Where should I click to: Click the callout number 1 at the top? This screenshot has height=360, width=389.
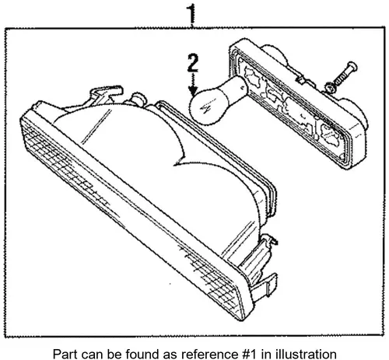(191, 14)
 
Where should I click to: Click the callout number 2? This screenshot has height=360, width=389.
(193, 63)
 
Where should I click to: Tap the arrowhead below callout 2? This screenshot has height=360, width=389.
(193, 91)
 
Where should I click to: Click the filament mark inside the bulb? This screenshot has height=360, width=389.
(206, 109)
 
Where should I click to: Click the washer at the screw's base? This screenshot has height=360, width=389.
(330, 88)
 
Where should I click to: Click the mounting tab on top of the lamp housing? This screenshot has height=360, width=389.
(105, 94)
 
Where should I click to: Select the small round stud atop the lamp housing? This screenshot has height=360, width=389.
(139, 99)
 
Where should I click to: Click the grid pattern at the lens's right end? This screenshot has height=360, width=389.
(212, 280)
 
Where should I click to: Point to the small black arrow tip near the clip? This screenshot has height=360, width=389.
(275, 242)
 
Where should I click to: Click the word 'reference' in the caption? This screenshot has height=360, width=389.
(200, 353)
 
